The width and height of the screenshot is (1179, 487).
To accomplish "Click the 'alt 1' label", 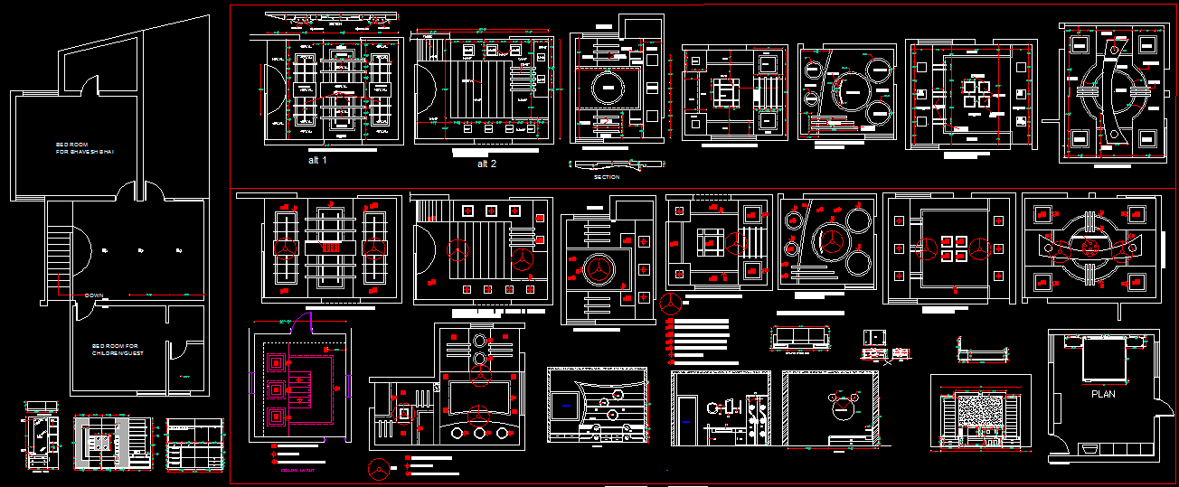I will coord(317,160).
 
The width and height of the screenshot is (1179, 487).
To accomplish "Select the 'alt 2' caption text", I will coord(486,164).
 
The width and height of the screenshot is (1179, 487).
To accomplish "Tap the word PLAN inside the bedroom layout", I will coord(1103,394).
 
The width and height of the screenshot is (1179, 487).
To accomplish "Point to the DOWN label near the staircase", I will coord(93,295).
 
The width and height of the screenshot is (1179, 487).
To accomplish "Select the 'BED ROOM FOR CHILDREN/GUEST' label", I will coord(115,350).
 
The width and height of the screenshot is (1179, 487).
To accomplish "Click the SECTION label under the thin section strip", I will coord(607,177).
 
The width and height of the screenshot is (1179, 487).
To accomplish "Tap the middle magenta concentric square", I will coord(275,391).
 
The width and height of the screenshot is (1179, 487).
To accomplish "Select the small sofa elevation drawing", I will coord(797,336).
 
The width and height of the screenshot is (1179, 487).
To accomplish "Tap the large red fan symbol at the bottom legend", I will coord(380,469).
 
